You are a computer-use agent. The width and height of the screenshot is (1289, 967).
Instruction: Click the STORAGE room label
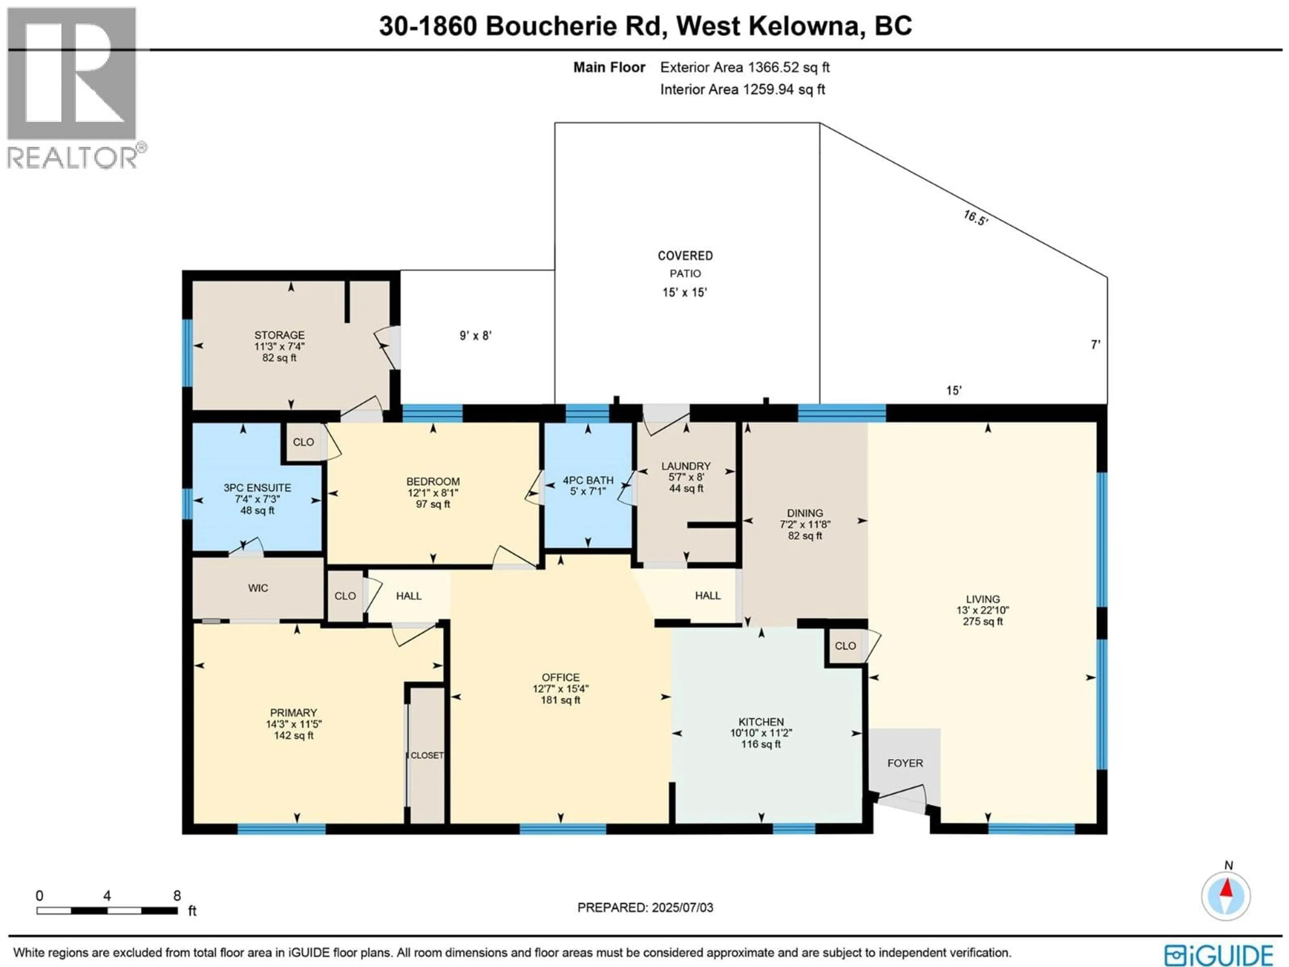[279, 335]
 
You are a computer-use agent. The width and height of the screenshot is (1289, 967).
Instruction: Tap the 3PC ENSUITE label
[257, 488]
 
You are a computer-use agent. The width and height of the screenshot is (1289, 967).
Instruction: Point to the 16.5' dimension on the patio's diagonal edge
[975, 218]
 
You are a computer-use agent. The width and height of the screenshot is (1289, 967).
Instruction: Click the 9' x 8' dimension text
[476, 336]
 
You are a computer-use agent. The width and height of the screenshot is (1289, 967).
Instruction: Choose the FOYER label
[905, 763]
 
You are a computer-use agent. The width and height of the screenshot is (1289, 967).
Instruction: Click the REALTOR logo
[72, 87]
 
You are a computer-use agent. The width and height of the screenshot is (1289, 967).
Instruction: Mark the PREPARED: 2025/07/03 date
[645, 908]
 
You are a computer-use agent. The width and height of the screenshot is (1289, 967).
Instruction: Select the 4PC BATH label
[588, 480]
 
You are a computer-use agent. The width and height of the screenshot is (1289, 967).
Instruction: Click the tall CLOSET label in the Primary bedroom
[427, 755]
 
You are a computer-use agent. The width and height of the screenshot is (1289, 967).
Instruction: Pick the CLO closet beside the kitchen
[845, 646]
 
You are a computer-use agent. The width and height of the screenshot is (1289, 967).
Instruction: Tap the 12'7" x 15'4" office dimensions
[561, 688]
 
